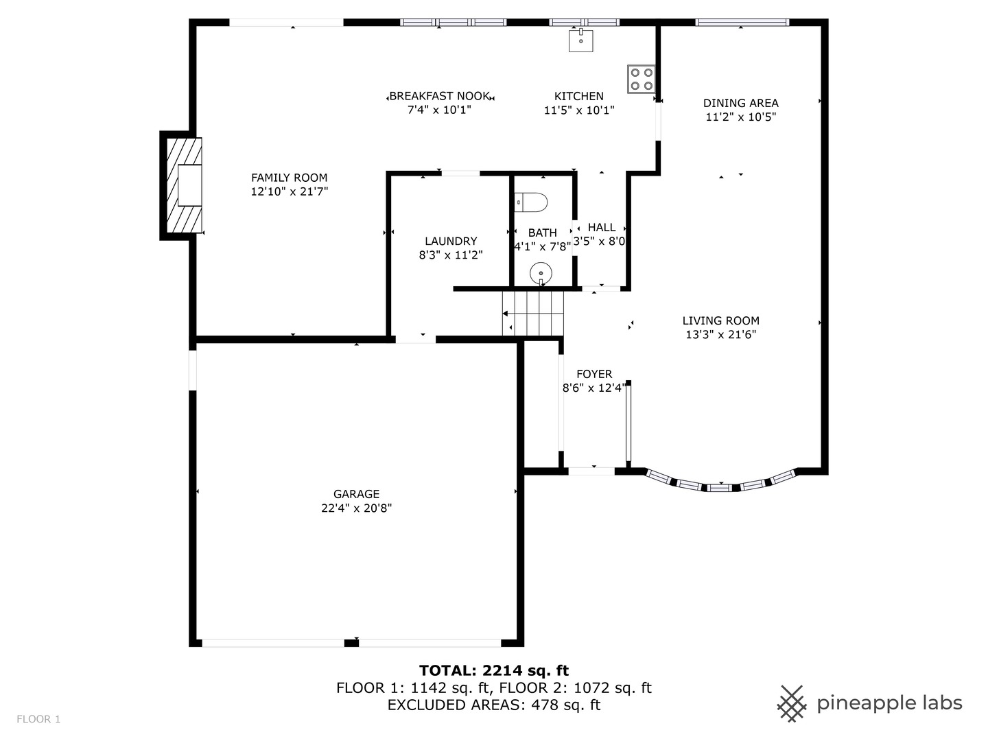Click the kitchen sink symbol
click(580, 40)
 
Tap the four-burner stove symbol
click(641, 79)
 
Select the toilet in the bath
click(532, 202)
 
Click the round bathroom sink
click(541, 274)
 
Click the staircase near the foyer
click(532, 313)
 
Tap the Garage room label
click(356, 494)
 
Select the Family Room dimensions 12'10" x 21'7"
click(289, 192)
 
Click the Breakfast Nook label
click(440, 96)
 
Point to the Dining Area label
click(740, 103)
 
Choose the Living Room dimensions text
click(720, 335)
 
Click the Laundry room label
click(450, 241)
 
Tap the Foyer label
click(594, 374)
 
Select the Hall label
click(602, 227)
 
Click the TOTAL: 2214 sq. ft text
click(494, 670)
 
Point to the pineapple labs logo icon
click(792, 703)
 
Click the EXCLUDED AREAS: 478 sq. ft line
click(494, 705)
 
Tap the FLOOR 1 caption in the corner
click(38, 719)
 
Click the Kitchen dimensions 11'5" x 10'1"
click(579, 110)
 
